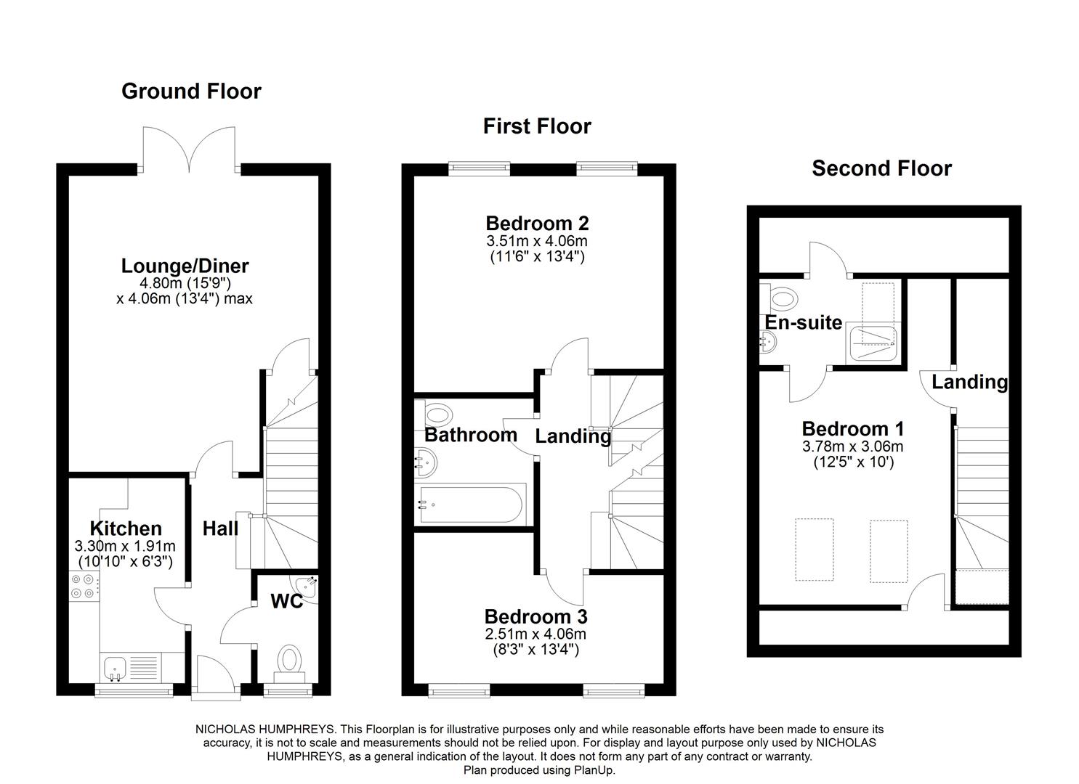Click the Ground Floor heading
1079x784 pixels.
point(191,91)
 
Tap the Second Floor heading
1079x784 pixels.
point(881,168)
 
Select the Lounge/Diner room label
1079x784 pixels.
point(185,266)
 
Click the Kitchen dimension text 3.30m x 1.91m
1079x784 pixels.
point(125,546)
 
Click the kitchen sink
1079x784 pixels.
point(115,668)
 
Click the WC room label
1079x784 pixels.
point(287,601)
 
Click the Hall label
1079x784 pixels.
point(220,528)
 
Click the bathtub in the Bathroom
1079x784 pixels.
point(471,505)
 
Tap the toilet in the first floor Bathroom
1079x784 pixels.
point(437,415)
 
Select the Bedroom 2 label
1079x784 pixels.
point(537,223)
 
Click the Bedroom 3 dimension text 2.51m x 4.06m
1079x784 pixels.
point(536,634)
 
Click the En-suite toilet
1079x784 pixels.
point(780,298)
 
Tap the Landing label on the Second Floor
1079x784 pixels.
point(969,382)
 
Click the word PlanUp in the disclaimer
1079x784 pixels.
point(597,770)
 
